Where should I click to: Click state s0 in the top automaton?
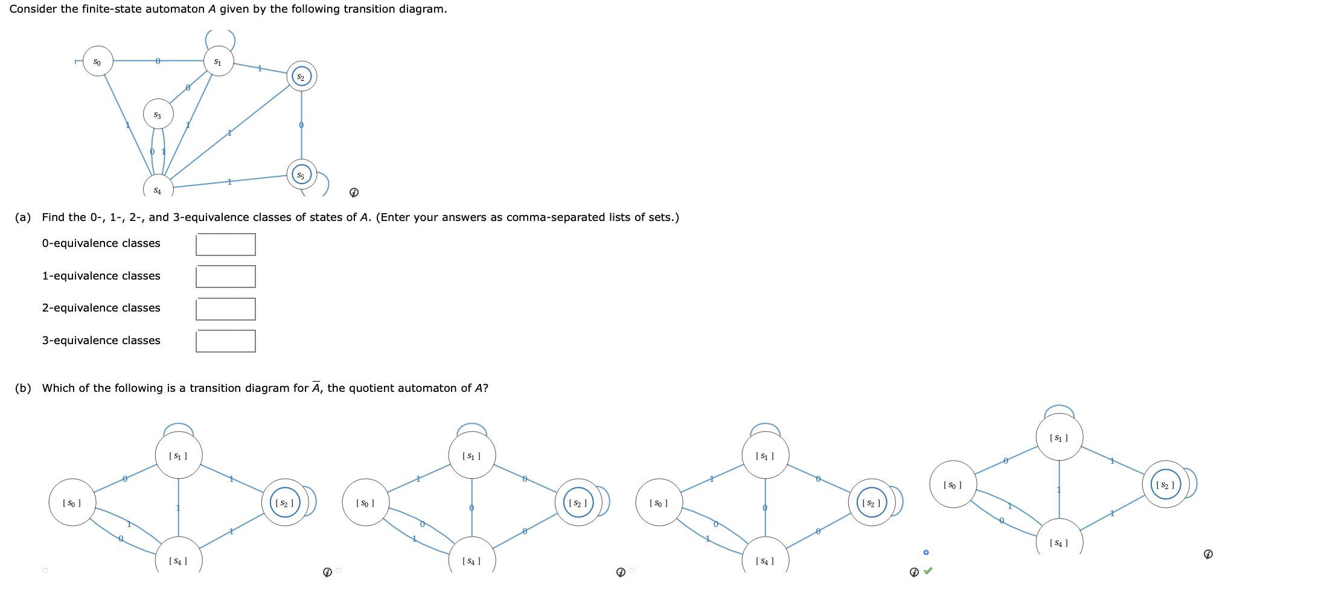tap(97, 62)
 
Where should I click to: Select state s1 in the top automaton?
tap(218, 62)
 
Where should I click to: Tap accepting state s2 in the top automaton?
tap(301, 76)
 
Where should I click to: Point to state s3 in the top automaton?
tap(158, 114)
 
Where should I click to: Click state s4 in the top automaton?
tap(158, 189)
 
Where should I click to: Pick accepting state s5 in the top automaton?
tap(301, 175)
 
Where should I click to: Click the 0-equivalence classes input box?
tap(225, 245)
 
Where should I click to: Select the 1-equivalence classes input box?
tap(225, 277)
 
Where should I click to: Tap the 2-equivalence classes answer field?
tap(225, 309)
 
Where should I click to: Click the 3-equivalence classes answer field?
tap(225, 341)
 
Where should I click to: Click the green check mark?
tap(928, 571)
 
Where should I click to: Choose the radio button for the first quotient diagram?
tap(45, 571)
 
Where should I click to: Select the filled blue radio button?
tap(926, 552)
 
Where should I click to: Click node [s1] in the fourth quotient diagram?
tap(1059, 437)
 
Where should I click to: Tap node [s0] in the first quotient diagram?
tap(72, 502)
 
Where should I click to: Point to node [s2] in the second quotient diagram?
tap(578, 502)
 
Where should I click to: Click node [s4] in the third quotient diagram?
tap(765, 559)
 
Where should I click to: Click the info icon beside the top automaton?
tap(354, 193)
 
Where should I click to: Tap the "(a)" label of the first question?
tap(23, 217)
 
